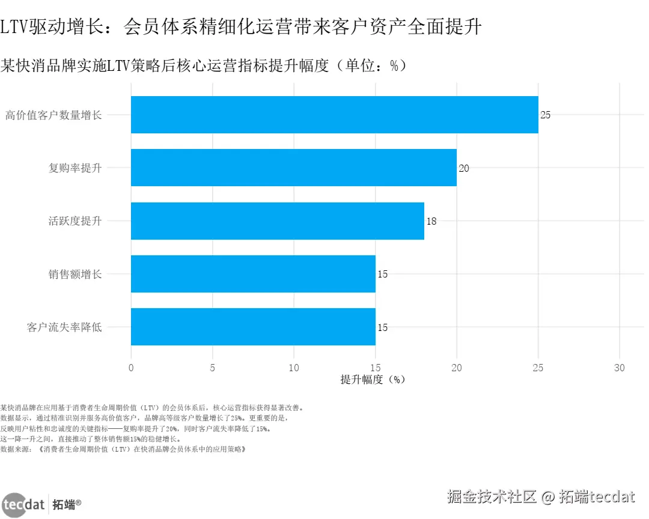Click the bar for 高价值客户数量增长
334,115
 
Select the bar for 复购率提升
293,168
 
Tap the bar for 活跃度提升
277,221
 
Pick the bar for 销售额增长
253,274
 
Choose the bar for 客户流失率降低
253,327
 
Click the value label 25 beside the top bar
545,115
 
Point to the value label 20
464,168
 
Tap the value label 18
431,221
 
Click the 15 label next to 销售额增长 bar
383,275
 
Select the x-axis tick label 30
620,368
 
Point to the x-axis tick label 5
213,368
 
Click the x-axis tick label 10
294,368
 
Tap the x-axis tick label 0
131,368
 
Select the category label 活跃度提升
75,221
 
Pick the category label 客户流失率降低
64,327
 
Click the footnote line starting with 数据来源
123,449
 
